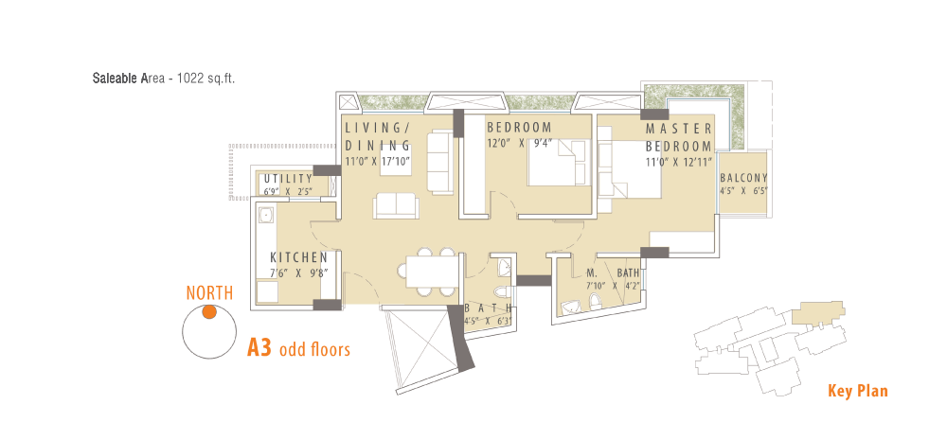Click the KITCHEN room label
(299, 257)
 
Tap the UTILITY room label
(289, 179)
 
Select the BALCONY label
(743, 178)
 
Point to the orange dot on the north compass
(209, 312)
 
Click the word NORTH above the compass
(209, 293)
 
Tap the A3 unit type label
(259, 348)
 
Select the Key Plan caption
(858, 391)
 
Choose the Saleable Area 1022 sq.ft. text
(164, 79)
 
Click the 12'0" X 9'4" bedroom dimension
(519, 143)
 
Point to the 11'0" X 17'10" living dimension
(378, 161)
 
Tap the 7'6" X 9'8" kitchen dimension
(299, 273)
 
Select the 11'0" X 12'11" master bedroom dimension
(679, 161)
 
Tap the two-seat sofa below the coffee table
(396, 206)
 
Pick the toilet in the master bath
(596, 302)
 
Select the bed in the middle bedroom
(559, 162)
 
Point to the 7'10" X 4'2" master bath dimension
(613, 285)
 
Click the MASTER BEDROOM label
(679, 137)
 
